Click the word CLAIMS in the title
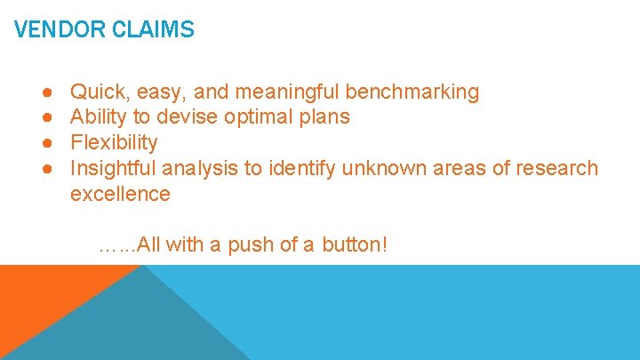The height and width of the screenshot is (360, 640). click(153, 30)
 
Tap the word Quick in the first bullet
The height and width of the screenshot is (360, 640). click(96, 92)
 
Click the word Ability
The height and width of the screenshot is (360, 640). click(98, 116)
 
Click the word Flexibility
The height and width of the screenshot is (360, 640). click(114, 142)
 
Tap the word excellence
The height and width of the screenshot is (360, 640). click(120, 194)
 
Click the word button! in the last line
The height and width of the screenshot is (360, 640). click(353, 244)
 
